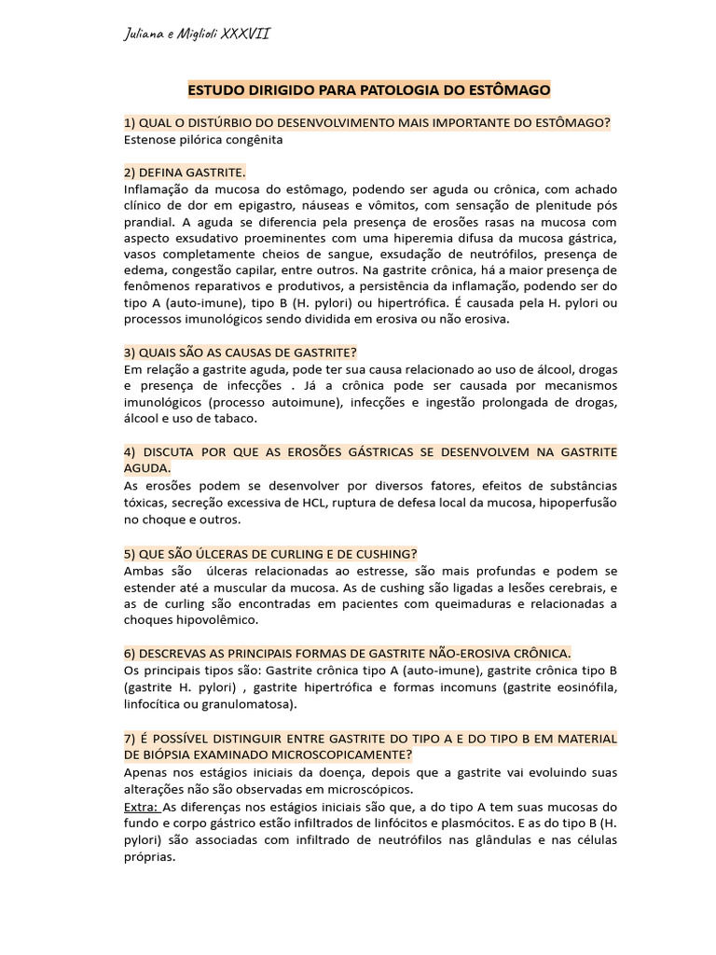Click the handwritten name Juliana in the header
pos(144,35)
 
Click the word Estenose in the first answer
pos(151,139)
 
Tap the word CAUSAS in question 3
pos(237,352)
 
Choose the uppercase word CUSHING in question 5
pos(377,552)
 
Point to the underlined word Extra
pos(141,805)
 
